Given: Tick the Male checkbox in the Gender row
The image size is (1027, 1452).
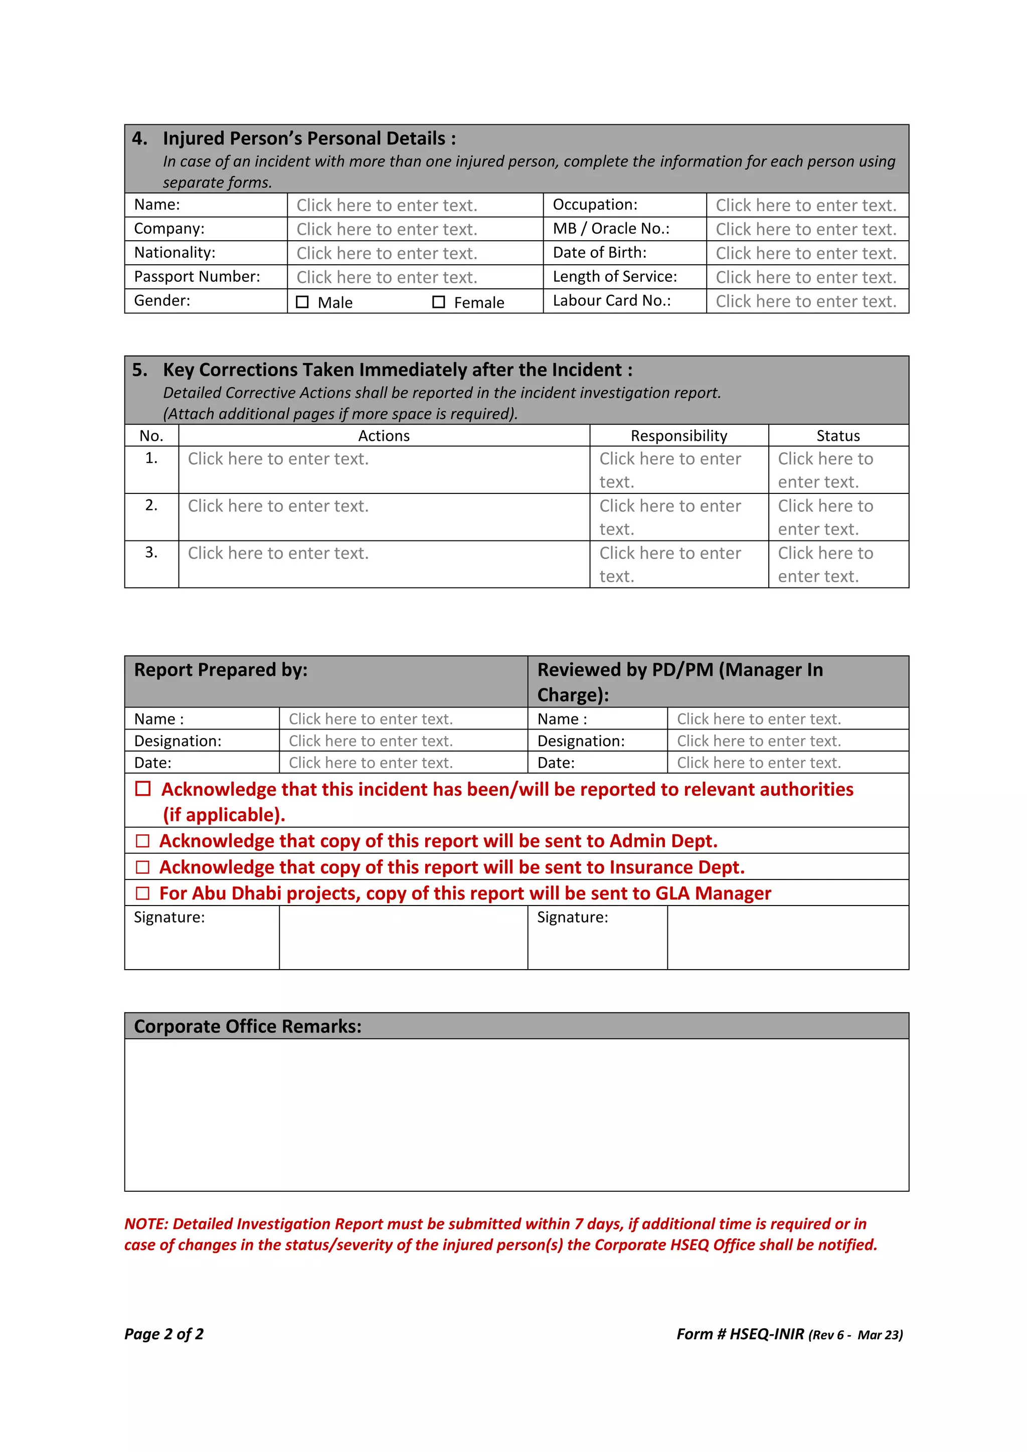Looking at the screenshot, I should tap(302, 302).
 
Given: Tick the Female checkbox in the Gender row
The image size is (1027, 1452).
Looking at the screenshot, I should tap(438, 302).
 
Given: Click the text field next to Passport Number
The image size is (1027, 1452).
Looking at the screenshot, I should tap(387, 277).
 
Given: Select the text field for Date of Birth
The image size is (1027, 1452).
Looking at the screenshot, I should tap(806, 253).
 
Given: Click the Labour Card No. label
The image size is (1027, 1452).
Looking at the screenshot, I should tap(611, 300).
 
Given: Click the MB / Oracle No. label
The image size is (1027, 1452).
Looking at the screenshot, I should tap(611, 228).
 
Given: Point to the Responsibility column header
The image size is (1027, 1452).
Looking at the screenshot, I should tap(678, 436).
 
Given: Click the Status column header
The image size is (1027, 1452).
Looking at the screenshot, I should tap(838, 436).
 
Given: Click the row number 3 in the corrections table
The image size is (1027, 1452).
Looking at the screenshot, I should tap(151, 552).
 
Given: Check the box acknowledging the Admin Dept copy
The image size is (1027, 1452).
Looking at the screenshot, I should tap(143, 841).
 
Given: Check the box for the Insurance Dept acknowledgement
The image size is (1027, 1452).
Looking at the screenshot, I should tap(143, 867).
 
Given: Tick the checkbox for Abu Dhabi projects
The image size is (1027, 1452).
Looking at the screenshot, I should tap(143, 893).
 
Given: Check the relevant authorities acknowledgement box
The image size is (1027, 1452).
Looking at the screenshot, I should tap(143, 789).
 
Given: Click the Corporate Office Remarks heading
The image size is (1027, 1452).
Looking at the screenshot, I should tap(248, 1026).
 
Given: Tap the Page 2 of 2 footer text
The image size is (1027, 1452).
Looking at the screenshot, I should tap(164, 1334).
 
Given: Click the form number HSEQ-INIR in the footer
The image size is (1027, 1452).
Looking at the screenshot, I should tap(766, 1334).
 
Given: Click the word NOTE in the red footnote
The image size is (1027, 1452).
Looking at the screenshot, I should tap(145, 1224).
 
